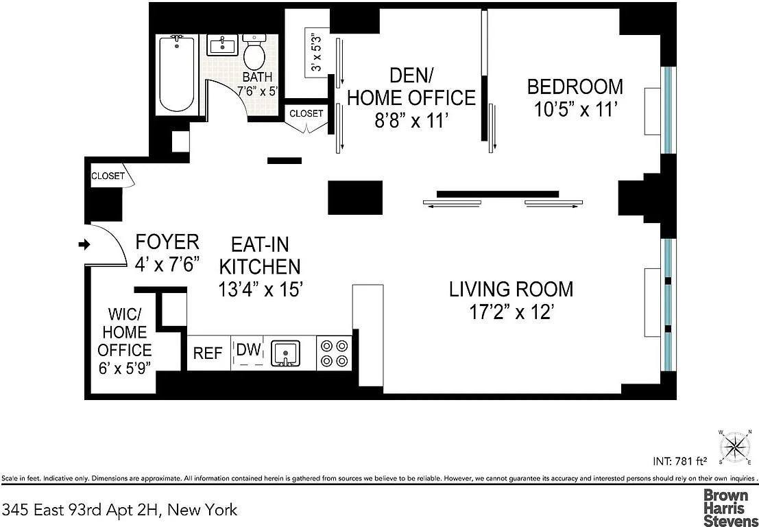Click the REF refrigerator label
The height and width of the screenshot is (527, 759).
(208, 353)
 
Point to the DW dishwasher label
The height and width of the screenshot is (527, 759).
(248, 350)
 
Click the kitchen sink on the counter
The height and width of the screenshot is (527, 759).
(286, 353)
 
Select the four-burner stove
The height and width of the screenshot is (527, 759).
(334, 353)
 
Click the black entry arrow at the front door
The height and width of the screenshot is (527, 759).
(84, 244)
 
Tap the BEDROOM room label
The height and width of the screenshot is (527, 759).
(575, 87)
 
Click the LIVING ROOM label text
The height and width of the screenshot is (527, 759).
(511, 289)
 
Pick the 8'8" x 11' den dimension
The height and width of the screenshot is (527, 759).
(411, 121)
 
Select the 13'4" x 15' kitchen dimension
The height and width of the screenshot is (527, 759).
(260, 290)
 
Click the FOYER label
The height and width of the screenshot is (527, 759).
(167, 242)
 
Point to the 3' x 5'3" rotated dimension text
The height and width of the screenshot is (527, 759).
(317, 52)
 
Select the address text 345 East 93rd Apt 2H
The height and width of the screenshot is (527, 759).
(120, 510)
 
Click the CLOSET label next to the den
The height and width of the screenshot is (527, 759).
(306, 113)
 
